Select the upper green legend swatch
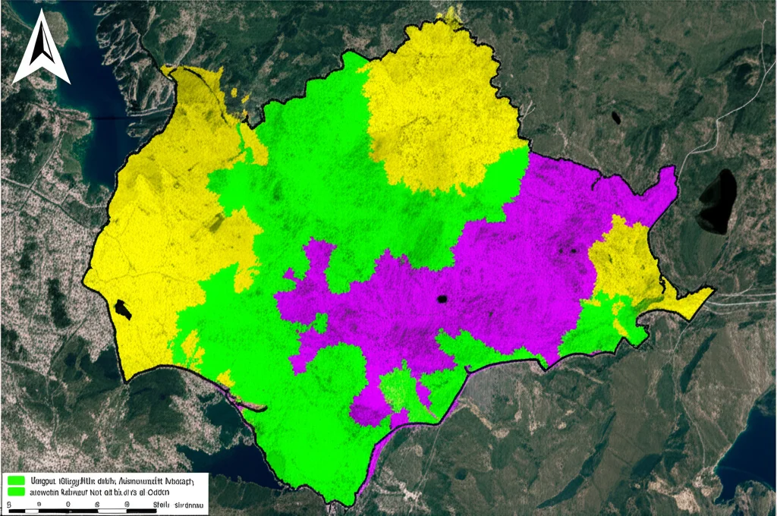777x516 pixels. (x=14, y=480)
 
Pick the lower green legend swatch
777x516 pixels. (x=14, y=492)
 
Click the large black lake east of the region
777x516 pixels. (x=716, y=200)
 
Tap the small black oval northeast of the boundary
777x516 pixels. (x=615, y=118)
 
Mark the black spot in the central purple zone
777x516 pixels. (x=441, y=299)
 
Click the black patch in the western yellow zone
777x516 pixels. (x=120, y=309)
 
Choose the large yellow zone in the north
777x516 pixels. (x=436, y=114)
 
